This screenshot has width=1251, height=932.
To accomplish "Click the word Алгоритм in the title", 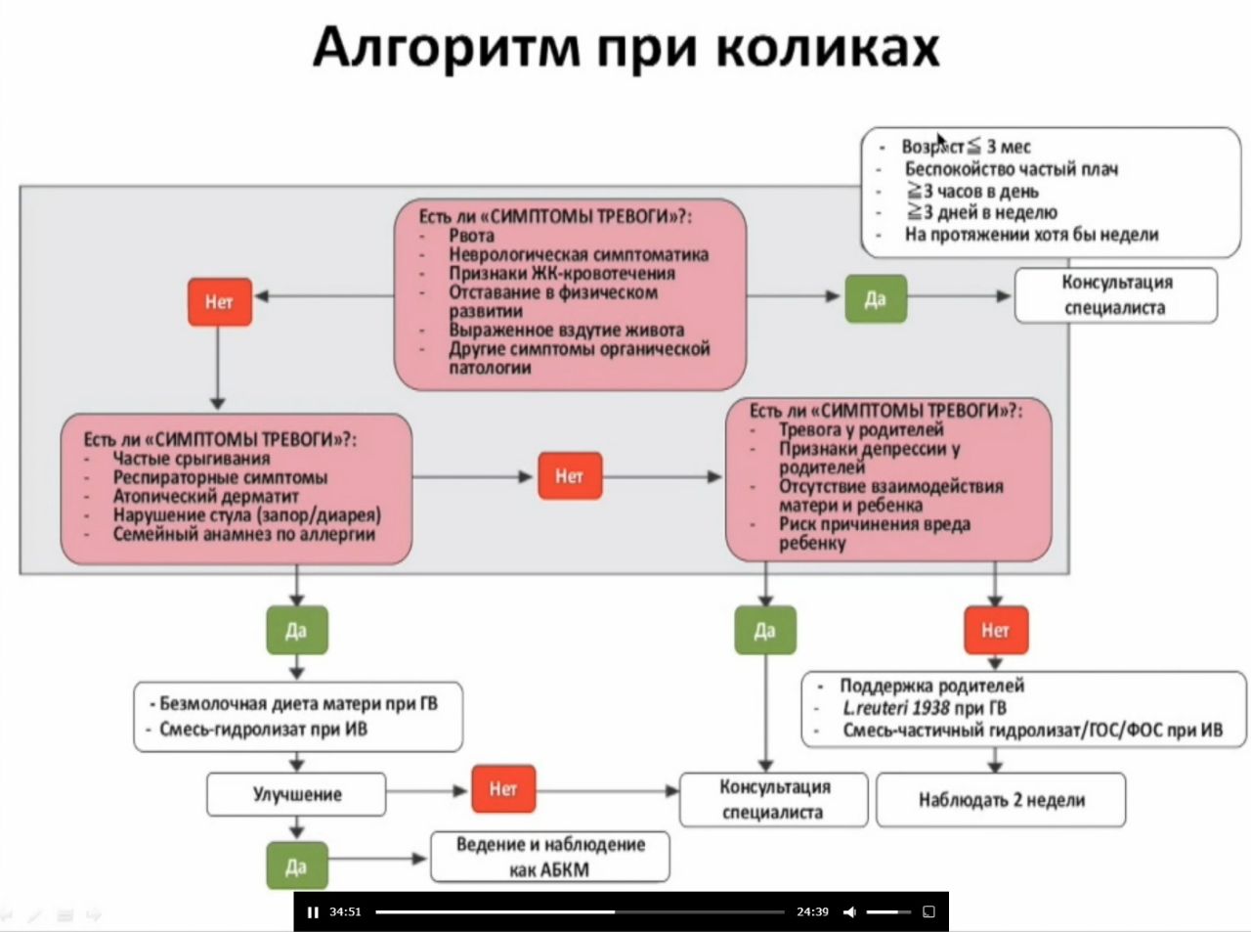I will pyautogui.click(x=446, y=47).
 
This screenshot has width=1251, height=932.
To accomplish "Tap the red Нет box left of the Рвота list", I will pyautogui.click(x=220, y=301).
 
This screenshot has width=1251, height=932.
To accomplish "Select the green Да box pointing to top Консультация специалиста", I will pyautogui.click(x=875, y=298).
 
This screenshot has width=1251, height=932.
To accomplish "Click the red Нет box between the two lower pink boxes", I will pyautogui.click(x=569, y=476).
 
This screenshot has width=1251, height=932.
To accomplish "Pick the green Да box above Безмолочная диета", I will pyautogui.click(x=296, y=630).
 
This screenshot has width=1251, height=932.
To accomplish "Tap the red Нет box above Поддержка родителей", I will pyautogui.click(x=995, y=630).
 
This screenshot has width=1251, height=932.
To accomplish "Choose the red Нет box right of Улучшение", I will pyautogui.click(x=502, y=788).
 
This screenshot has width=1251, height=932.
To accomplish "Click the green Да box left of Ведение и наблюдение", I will pyautogui.click(x=296, y=865).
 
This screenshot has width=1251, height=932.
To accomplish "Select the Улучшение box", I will pyautogui.click(x=296, y=794).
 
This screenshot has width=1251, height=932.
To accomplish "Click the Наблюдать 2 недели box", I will pyautogui.click(x=1001, y=800).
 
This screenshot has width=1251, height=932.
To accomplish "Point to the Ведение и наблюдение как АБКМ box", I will pyautogui.click(x=550, y=857).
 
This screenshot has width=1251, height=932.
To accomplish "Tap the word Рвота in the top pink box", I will pyautogui.click(x=471, y=236).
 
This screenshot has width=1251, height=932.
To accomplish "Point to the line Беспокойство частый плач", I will pyautogui.click(x=1011, y=169).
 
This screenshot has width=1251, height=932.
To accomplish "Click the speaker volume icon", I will pyautogui.click(x=849, y=911).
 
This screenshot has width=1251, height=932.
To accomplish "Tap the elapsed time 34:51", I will pyautogui.click(x=345, y=911).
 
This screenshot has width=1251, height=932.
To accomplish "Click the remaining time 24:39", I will pyautogui.click(x=812, y=911).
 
